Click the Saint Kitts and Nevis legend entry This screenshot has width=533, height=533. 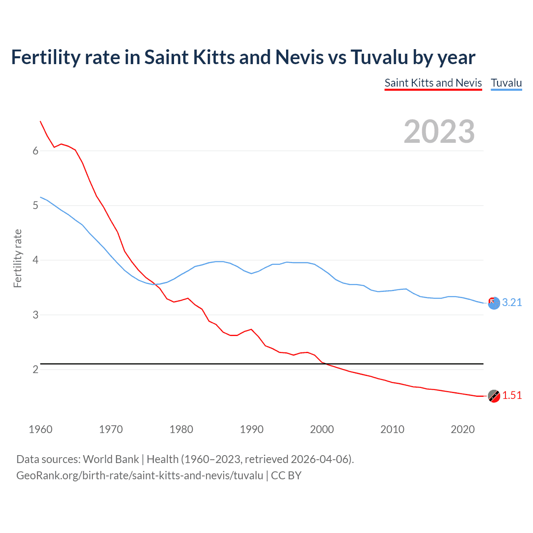433,83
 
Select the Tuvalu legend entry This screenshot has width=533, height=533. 506,83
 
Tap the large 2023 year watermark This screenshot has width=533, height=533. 439,132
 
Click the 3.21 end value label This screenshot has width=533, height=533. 512,303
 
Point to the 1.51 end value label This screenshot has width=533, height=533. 512,396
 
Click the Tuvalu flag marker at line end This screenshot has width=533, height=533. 494,303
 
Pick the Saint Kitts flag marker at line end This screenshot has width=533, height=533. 494,396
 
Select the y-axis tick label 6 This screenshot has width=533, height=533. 35,151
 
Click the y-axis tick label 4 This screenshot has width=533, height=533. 35,260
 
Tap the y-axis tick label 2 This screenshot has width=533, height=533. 35,370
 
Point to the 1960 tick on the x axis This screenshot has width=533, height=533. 40,429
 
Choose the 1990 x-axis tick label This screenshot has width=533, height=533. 252,429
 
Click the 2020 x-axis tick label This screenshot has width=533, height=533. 463,429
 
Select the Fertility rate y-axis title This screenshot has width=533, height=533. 17,258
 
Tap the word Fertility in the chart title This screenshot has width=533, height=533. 45,57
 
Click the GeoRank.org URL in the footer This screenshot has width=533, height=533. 139,476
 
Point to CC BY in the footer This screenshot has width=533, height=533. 286,476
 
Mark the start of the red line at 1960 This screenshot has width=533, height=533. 40,121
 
